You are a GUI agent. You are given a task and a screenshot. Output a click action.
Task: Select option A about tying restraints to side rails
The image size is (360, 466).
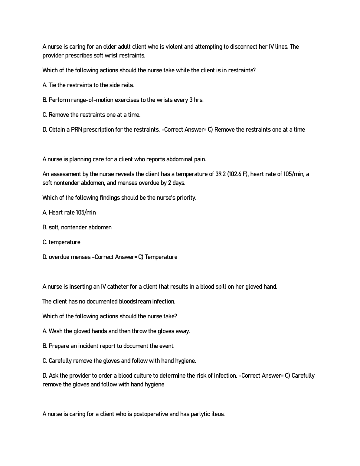click(88, 85)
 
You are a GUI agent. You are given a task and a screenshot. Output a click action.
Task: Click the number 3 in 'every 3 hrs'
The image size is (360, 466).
click(191, 100)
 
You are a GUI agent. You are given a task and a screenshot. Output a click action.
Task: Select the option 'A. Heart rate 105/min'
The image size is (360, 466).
click(69, 212)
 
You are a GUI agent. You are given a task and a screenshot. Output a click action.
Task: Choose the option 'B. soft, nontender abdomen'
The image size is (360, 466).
click(77, 227)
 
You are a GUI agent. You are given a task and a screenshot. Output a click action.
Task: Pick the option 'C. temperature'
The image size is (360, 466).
click(61, 242)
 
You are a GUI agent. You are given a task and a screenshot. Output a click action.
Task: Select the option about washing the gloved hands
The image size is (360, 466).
click(116, 331)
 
